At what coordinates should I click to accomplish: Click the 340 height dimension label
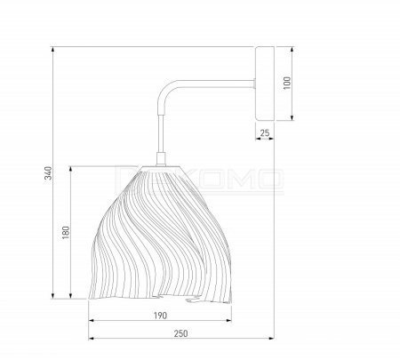pyautogui.click(x=48, y=173)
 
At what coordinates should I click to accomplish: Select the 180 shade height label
pyautogui.click(x=66, y=233)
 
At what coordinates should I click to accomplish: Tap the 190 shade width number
pyautogui.click(x=160, y=316)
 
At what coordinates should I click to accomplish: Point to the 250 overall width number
pyautogui.click(x=180, y=333)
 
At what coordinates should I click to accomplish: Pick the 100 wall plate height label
pyautogui.click(x=287, y=83)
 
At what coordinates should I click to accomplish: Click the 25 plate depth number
pyautogui.click(x=265, y=133)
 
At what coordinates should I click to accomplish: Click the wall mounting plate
pyautogui.click(x=265, y=84)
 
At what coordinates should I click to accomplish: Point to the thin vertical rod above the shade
pyautogui.click(x=161, y=133)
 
